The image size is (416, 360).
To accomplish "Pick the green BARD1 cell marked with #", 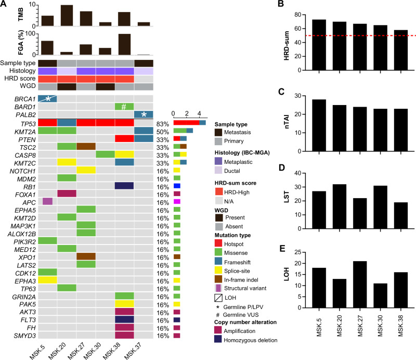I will click(124, 107).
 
